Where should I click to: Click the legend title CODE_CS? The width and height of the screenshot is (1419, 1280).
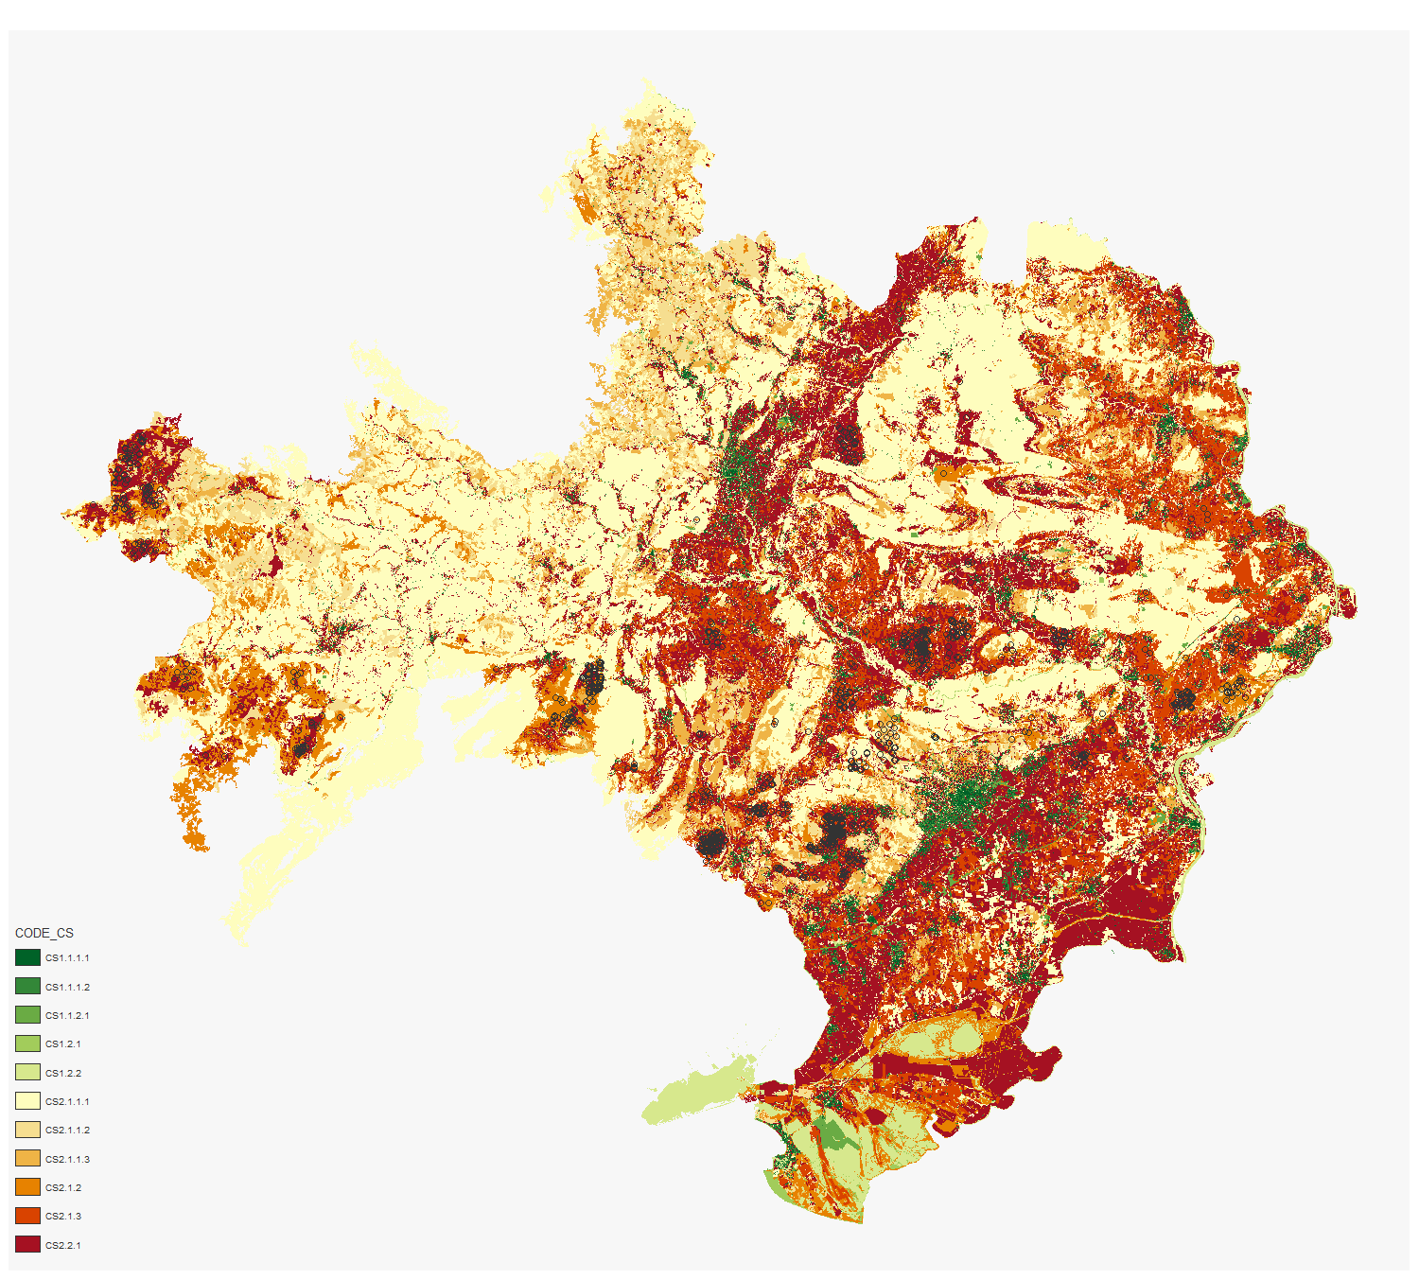[44, 933]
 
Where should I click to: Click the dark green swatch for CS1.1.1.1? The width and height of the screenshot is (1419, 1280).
[27, 957]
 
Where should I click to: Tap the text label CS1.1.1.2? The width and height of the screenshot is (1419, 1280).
[67, 987]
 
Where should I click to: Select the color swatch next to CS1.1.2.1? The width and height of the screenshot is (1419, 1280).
[27, 1015]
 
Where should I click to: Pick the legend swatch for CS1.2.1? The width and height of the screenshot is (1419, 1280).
[27, 1043]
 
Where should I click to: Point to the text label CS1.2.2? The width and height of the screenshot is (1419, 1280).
[63, 1073]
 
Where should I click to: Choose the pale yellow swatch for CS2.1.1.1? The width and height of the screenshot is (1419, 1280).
[27, 1101]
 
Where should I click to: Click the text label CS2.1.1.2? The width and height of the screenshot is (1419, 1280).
[67, 1130]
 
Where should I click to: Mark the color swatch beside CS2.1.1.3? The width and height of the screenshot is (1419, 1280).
[27, 1158]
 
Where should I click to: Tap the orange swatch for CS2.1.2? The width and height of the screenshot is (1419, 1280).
[27, 1187]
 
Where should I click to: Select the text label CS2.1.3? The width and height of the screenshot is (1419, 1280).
[63, 1216]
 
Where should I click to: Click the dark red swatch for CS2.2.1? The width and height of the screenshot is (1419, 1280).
[27, 1244]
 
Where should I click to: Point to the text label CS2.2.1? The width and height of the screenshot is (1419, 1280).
[63, 1245]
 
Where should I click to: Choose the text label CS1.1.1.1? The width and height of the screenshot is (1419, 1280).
[67, 957]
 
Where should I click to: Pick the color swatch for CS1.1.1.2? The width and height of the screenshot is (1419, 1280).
[27, 986]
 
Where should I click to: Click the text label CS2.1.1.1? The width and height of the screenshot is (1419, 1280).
[67, 1101]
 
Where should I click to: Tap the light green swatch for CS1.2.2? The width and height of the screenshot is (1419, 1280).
[27, 1072]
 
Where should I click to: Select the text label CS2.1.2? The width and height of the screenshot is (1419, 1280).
[63, 1187]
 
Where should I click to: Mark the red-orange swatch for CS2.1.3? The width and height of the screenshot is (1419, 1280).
[27, 1216]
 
